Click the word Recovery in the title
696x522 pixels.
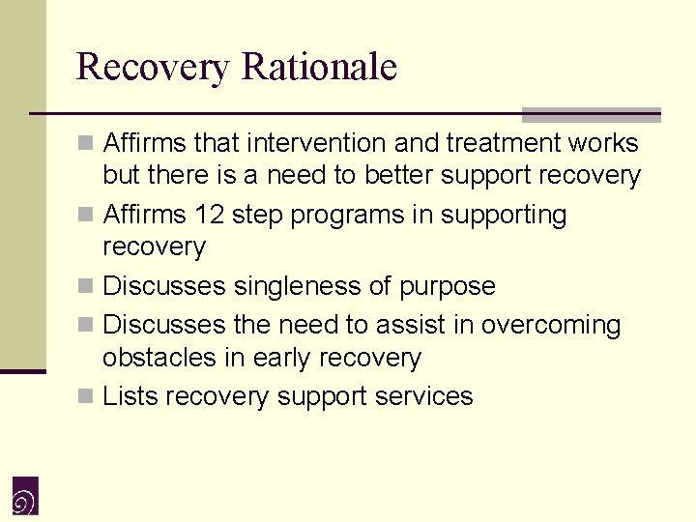[154, 68]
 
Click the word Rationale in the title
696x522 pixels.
[320, 68]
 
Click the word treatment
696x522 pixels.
[501, 143]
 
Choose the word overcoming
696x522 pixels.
[551, 325]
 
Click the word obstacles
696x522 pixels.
[159, 358]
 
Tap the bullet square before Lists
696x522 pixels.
[87, 397]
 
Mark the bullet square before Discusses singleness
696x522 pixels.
[87, 287]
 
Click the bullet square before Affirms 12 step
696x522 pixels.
[87, 216]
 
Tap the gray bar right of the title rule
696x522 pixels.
[591, 115]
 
